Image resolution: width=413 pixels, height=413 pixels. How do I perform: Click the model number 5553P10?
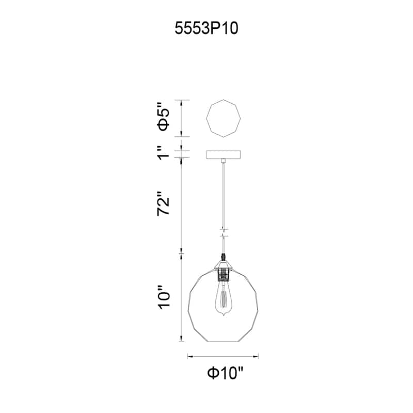206,28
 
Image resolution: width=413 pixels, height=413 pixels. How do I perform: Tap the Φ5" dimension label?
163,116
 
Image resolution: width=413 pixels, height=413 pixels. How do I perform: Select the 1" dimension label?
163,152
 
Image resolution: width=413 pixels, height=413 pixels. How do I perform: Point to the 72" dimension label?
163,204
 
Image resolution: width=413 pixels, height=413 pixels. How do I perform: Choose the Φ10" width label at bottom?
225,373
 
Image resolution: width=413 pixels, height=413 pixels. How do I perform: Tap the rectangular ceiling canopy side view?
224,154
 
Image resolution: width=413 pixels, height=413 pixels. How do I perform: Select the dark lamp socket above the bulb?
224,275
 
